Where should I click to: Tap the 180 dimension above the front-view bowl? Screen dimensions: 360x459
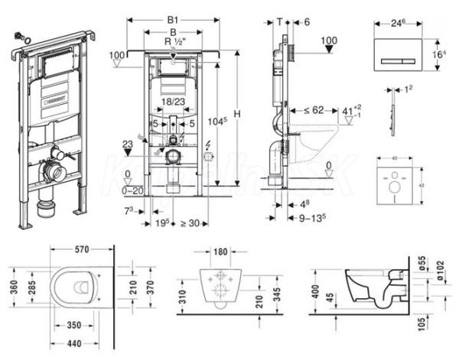click(x=220, y=250)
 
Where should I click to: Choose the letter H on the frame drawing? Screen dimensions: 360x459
click(x=237, y=114)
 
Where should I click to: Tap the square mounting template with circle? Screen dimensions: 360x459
click(x=397, y=183)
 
